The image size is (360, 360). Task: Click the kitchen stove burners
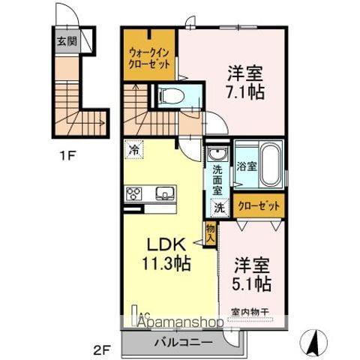pos(134,194)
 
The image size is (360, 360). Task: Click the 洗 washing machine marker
pos(220,207)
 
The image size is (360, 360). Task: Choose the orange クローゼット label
pos(259,205)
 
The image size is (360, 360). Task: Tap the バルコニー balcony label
pos(180,343)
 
